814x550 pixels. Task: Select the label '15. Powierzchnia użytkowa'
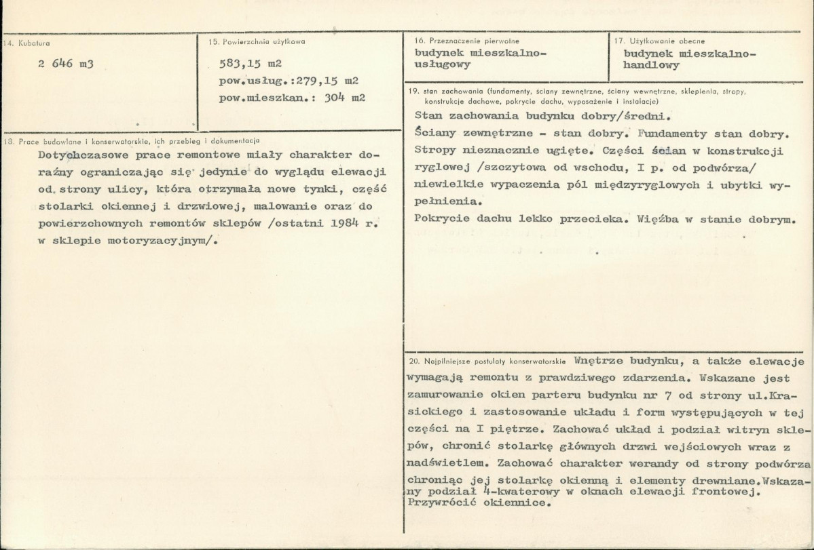pos(257,41)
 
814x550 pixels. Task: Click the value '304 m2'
pos(346,98)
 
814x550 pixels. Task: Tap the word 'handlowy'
pos(652,66)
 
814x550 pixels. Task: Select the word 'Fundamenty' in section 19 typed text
pos(680,133)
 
